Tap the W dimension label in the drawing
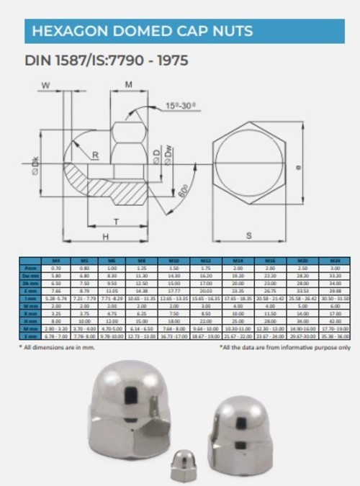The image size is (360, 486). [47, 86]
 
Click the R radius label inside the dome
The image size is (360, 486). [94, 155]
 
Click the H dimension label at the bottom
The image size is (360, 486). [105, 236]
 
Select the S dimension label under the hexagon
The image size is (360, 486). [248, 235]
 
